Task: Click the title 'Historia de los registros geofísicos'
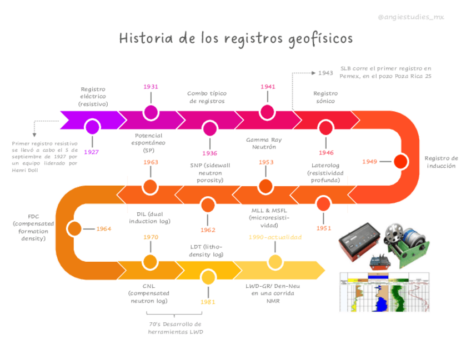235,38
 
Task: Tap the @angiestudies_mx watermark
410,17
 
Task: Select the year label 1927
92,152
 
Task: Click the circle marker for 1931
151,112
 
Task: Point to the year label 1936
209,153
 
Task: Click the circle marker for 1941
268,112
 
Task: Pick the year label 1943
325,73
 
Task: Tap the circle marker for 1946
325,128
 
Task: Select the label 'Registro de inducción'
441,162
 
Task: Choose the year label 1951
324,228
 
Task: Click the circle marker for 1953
265,186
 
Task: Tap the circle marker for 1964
74,228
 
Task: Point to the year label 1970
151,237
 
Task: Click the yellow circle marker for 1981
208,277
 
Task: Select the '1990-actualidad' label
275,237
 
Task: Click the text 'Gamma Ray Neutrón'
264,143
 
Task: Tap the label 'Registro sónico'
325,97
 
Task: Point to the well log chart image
385,291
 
